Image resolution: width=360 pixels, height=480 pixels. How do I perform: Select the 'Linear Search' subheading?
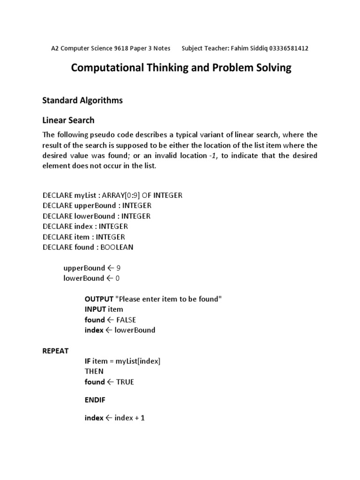point(68,120)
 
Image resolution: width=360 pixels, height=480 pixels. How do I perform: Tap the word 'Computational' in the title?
point(108,68)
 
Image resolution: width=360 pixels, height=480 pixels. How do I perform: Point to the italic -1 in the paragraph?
point(213,155)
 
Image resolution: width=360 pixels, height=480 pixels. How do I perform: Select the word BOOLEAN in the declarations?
point(117,247)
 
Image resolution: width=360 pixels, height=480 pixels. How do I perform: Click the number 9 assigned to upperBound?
point(119,268)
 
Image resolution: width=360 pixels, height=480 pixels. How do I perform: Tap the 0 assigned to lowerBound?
point(118,278)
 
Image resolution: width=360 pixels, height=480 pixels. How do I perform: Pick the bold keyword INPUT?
point(95,309)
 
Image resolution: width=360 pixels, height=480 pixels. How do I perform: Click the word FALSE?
point(126,320)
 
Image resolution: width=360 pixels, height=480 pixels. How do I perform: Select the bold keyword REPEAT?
point(55,351)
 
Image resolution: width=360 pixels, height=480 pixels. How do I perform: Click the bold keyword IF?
point(87,361)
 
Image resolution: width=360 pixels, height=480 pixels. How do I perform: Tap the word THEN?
point(94,371)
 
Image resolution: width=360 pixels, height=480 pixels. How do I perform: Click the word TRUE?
point(125,382)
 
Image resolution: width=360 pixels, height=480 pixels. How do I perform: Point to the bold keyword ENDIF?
point(95,400)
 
